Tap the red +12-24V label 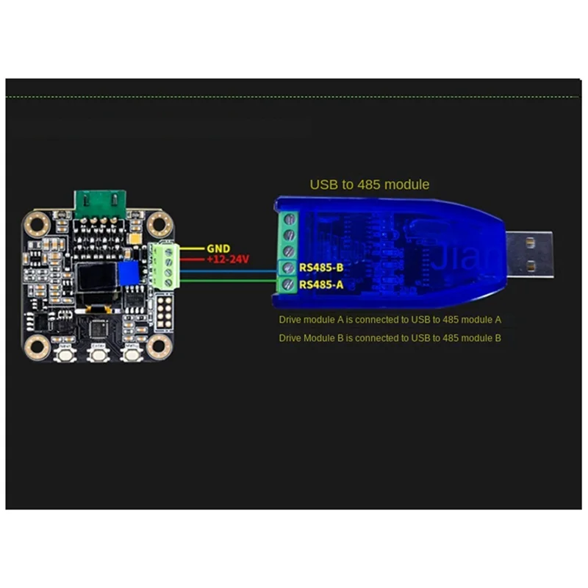click(229, 260)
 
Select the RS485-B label click(321, 268)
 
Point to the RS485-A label click(321, 284)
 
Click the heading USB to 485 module click(369, 184)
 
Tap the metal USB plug click(528, 254)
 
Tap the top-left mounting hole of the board click(35, 221)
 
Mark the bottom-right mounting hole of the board click(157, 348)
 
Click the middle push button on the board click(97, 354)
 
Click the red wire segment click(193, 260)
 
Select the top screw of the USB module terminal click(289, 220)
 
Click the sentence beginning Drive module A click(390, 320)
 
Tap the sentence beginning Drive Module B click(390, 338)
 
